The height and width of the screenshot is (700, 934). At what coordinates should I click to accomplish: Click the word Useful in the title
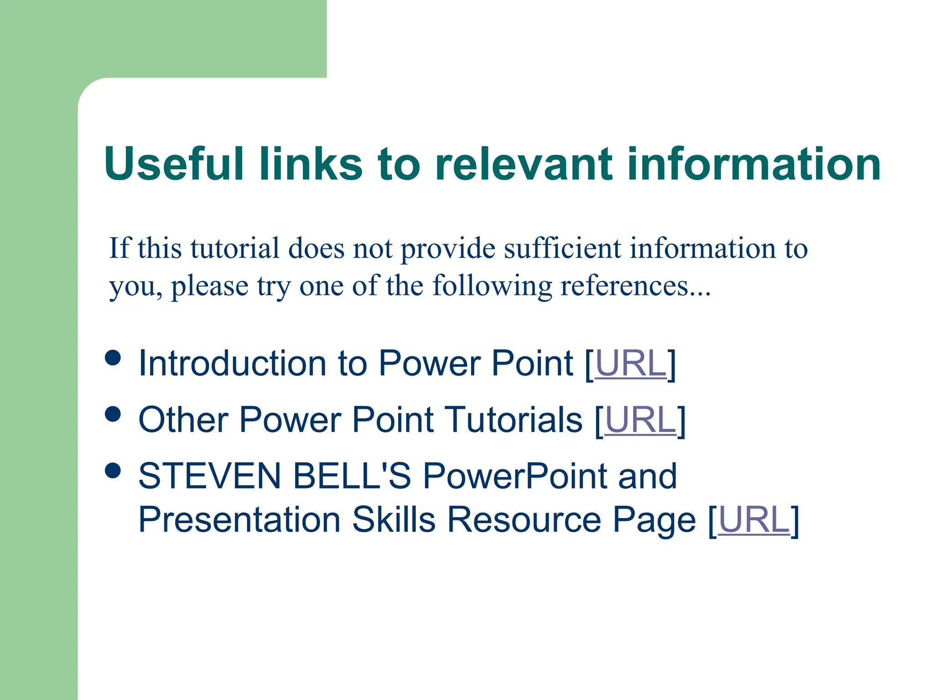pyautogui.click(x=174, y=164)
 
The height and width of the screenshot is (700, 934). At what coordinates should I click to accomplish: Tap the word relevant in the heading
pyautogui.click(x=524, y=164)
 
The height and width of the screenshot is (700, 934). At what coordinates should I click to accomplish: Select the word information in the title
pyautogui.click(x=753, y=164)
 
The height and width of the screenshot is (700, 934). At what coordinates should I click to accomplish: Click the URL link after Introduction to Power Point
pyautogui.click(x=631, y=363)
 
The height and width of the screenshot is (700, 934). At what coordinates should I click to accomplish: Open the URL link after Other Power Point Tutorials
pyautogui.click(x=641, y=420)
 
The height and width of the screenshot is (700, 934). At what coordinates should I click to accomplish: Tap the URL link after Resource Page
pyautogui.click(x=753, y=520)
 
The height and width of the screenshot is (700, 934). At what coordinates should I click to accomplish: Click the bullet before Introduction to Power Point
pyautogui.click(x=113, y=358)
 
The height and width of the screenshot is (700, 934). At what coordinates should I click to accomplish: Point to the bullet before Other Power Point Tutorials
pyautogui.click(x=113, y=414)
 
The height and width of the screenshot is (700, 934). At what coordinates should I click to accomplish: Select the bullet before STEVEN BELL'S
pyautogui.click(x=113, y=470)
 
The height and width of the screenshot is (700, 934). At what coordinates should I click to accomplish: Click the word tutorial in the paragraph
pyautogui.click(x=235, y=248)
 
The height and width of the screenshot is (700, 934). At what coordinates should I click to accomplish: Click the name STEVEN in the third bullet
pyautogui.click(x=210, y=476)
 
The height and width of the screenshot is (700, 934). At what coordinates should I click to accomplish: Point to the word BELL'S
pyautogui.click(x=352, y=476)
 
